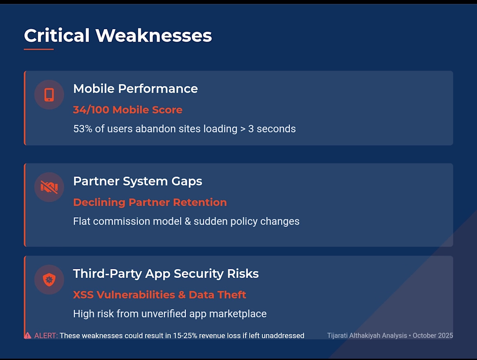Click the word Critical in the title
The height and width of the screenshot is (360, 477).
click(56, 35)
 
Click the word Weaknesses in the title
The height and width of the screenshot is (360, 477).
click(154, 35)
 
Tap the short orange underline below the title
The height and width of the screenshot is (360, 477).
click(39, 49)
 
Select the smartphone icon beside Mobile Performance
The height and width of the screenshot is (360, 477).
click(49, 95)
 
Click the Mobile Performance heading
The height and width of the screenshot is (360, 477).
click(135, 88)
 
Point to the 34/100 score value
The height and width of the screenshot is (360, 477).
click(91, 110)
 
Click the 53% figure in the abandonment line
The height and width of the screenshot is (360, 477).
click(83, 129)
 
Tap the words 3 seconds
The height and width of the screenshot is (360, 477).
click(272, 129)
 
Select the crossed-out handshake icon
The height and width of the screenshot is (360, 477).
click(49, 187)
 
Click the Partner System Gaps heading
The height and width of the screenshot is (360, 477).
click(137, 181)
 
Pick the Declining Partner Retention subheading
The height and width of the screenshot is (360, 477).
click(150, 203)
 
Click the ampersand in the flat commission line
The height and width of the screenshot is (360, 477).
click(188, 221)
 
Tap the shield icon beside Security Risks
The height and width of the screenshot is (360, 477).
click(49, 280)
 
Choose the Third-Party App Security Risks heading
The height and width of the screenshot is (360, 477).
click(166, 274)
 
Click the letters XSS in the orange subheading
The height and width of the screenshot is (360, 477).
click(83, 295)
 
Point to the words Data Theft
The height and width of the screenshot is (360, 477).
click(217, 295)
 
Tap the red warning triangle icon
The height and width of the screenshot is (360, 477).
click(28, 335)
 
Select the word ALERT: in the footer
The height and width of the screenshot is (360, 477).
click(46, 336)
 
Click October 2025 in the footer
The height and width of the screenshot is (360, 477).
click(433, 335)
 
